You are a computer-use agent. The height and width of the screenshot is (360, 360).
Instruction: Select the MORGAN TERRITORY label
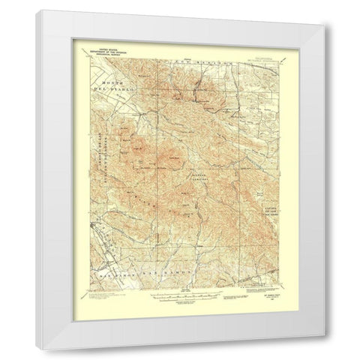(196, 179)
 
